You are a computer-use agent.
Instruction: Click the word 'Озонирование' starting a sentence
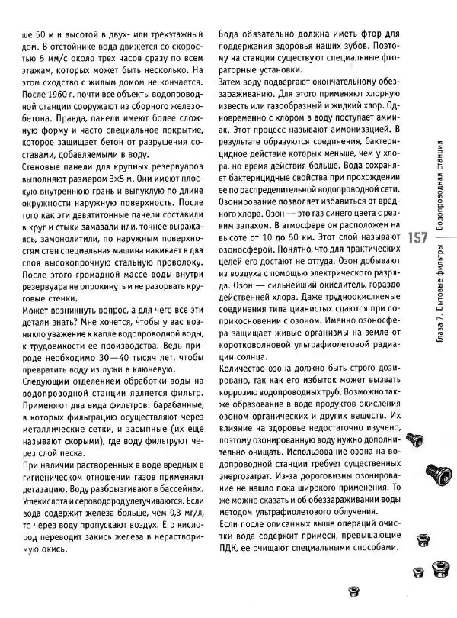tap(254, 206)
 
